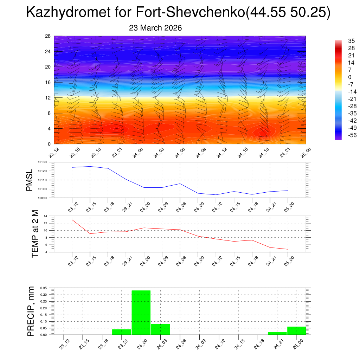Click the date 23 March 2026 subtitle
[155, 28]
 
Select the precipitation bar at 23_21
[122, 332]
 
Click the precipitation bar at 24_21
[277, 333]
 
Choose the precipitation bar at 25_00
[296, 330]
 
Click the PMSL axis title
[30, 180]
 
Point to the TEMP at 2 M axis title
[35, 234]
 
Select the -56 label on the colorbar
[352, 135]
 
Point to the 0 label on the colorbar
[349, 77]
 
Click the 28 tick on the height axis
[48, 36]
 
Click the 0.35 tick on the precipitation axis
[44, 288]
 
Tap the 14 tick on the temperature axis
[46, 216]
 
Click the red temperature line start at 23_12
[72, 220]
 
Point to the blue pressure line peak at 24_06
[180, 184]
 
